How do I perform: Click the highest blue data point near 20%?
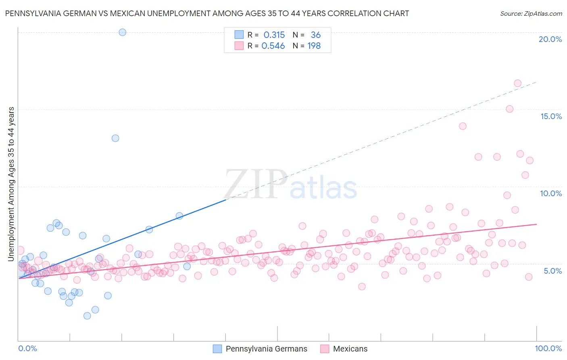[123, 32]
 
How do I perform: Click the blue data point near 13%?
[115, 138]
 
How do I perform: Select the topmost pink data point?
[518, 84]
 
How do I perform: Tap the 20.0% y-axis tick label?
[550, 40]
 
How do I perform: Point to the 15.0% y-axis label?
[551, 117]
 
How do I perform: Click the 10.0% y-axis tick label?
[551, 194]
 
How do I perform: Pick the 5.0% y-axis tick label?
[552, 271]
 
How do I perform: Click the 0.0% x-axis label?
[27, 349]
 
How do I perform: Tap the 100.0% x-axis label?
[548, 349]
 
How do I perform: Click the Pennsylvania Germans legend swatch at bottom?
[217, 349]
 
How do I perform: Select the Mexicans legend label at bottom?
[350, 349]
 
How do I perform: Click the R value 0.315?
[274, 35]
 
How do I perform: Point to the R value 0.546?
[273, 46]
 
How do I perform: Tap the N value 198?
[314, 46]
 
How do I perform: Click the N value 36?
[316, 35]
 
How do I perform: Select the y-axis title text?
[11, 184]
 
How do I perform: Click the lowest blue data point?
[87, 316]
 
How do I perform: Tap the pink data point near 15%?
[509, 109]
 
